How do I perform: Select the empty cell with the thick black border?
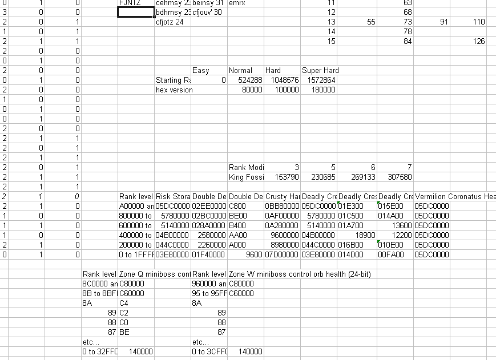135,12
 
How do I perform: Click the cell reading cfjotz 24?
170,22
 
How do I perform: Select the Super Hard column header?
320,71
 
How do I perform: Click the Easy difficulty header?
201,71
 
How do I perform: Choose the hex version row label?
174,90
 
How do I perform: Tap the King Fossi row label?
245,177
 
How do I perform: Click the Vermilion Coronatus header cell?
455,197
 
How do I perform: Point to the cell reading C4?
124,304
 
